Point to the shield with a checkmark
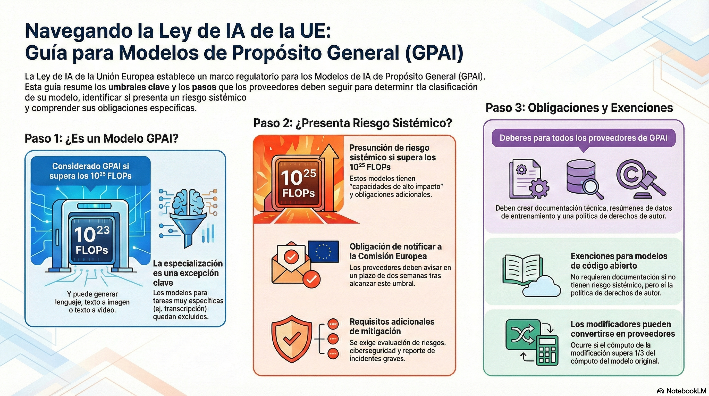click(x=292, y=339)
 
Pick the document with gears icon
click(x=528, y=179)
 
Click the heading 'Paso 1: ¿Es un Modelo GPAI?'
click(x=102, y=138)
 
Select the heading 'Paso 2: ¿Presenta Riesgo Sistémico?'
click(x=353, y=123)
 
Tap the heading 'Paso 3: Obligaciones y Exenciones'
click(x=579, y=108)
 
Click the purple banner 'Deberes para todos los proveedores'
click(x=584, y=138)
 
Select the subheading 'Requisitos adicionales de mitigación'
click(x=392, y=326)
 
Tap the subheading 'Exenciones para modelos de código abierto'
click(x=619, y=261)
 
